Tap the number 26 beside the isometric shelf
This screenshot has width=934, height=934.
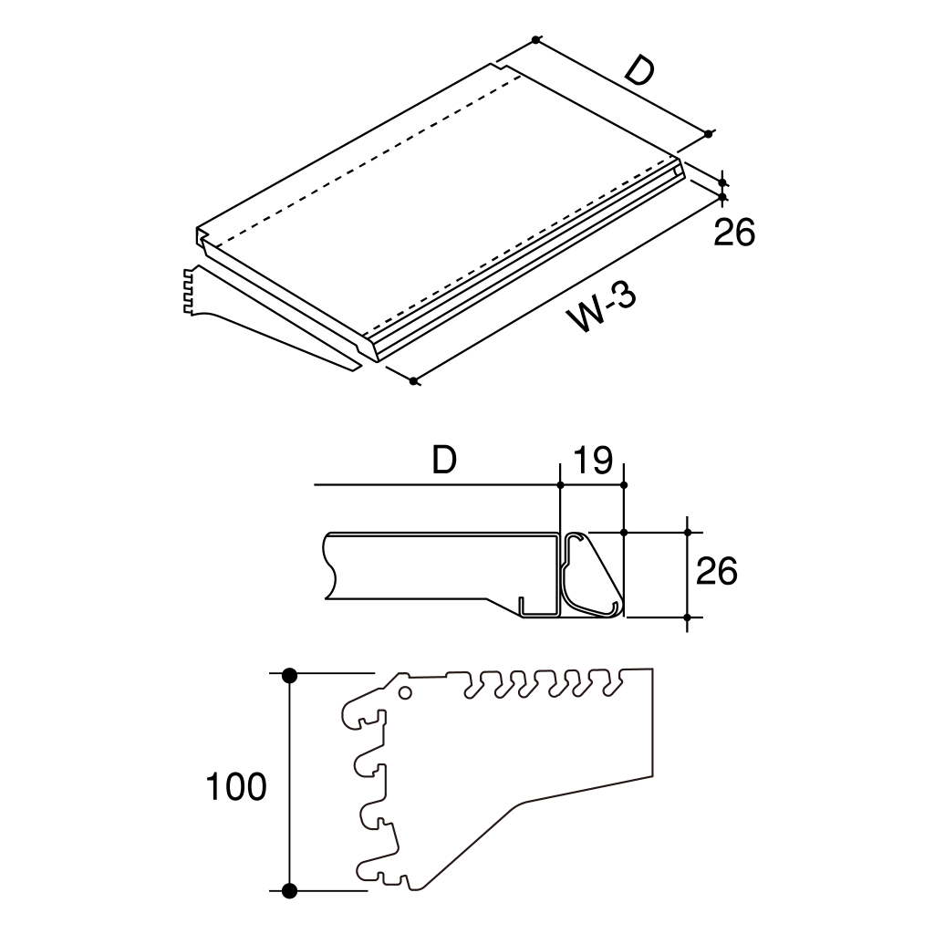734,233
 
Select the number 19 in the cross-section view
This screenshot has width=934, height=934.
592,460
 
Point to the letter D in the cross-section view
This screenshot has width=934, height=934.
444,460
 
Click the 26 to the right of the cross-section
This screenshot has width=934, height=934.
716,571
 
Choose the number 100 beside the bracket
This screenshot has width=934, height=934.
236,786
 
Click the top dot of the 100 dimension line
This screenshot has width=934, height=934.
289,676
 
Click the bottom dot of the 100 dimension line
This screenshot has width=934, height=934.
289,891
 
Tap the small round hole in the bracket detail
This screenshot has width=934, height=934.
405,693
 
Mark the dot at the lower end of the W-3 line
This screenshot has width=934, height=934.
413,380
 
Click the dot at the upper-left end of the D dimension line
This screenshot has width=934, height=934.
535,39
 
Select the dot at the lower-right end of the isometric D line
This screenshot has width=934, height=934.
708,134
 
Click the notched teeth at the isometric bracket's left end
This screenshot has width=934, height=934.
189,291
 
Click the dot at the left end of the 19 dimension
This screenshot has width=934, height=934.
561,485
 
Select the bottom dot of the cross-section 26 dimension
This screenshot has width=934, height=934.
688,617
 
